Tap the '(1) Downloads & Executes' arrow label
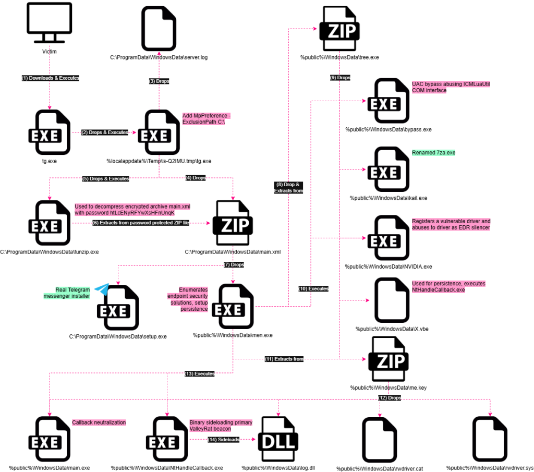(x=50, y=78)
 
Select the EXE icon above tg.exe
(x=50, y=130)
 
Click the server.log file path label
(x=159, y=57)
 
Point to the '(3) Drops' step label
(x=159, y=81)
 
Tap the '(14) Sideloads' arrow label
(x=223, y=440)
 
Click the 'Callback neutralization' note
(x=99, y=422)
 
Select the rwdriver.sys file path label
(x=490, y=468)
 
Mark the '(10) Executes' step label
(x=313, y=288)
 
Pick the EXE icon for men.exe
(x=233, y=308)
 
